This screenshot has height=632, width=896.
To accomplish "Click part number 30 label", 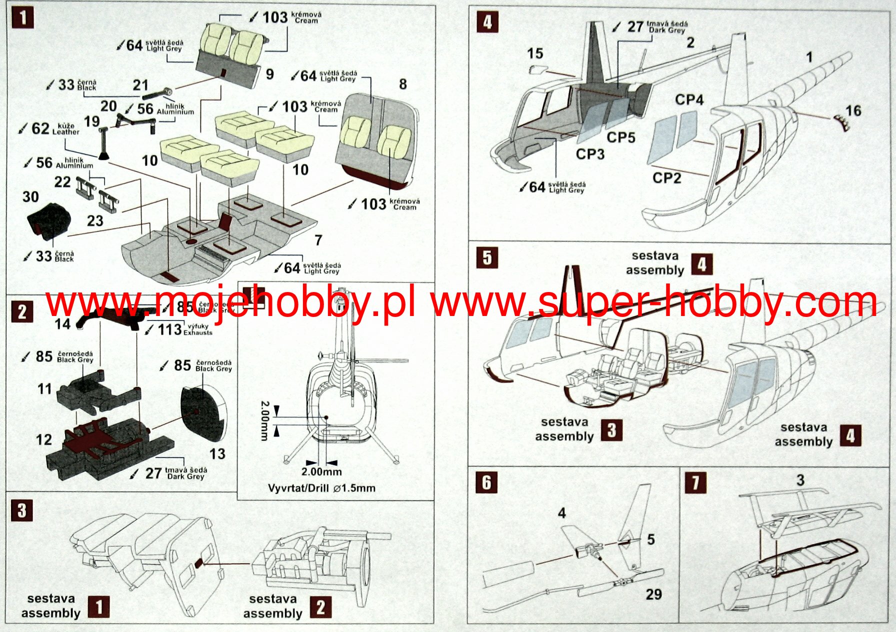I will pyautogui.click(x=30, y=197).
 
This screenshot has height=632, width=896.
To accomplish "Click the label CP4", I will pyautogui.click(x=689, y=100).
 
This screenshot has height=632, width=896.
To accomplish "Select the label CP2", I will pyautogui.click(x=666, y=178).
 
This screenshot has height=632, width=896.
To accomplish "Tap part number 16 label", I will pyautogui.click(x=853, y=110).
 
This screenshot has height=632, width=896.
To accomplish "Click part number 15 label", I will pyautogui.click(x=535, y=53).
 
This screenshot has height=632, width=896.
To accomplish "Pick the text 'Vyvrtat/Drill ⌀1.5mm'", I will pyautogui.click(x=321, y=488).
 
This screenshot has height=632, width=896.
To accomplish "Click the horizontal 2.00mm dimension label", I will pyautogui.click(x=321, y=471).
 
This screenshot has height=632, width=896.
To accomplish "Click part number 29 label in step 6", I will pyautogui.click(x=653, y=594).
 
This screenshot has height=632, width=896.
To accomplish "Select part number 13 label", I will pyautogui.click(x=217, y=454).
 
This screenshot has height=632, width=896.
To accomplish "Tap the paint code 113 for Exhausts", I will pyautogui.click(x=169, y=330).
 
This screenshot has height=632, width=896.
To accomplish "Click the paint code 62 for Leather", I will pyautogui.click(x=40, y=128).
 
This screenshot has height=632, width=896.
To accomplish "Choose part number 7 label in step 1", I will pyautogui.click(x=318, y=240).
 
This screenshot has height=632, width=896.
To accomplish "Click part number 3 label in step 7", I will pyautogui.click(x=800, y=480).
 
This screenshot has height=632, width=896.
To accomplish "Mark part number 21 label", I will pyautogui.click(x=140, y=85).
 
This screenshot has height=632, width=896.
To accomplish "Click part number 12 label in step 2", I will pyautogui.click(x=44, y=439).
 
